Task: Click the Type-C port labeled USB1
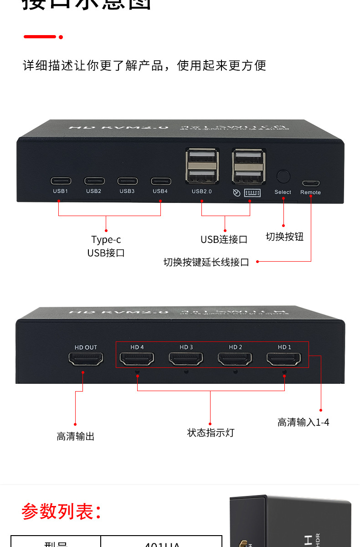click(60, 181)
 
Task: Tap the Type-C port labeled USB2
click(94, 181)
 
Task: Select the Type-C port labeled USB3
click(127, 181)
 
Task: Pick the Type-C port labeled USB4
click(161, 181)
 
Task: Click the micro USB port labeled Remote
click(310, 183)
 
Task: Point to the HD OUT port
click(86, 359)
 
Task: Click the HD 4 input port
click(137, 359)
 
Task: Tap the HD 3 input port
click(186, 359)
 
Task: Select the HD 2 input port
click(235, 359)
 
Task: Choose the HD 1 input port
click(284, 359)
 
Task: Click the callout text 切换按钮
click(284, 237)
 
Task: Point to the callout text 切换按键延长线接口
click(206, 262)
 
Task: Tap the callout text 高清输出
click(76, 436)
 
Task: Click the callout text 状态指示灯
click(211, 433)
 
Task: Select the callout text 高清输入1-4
click(303, 422)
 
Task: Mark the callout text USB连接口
click(224, 239)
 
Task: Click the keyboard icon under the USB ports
click(252, 192)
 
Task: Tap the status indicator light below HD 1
click(284, 372)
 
